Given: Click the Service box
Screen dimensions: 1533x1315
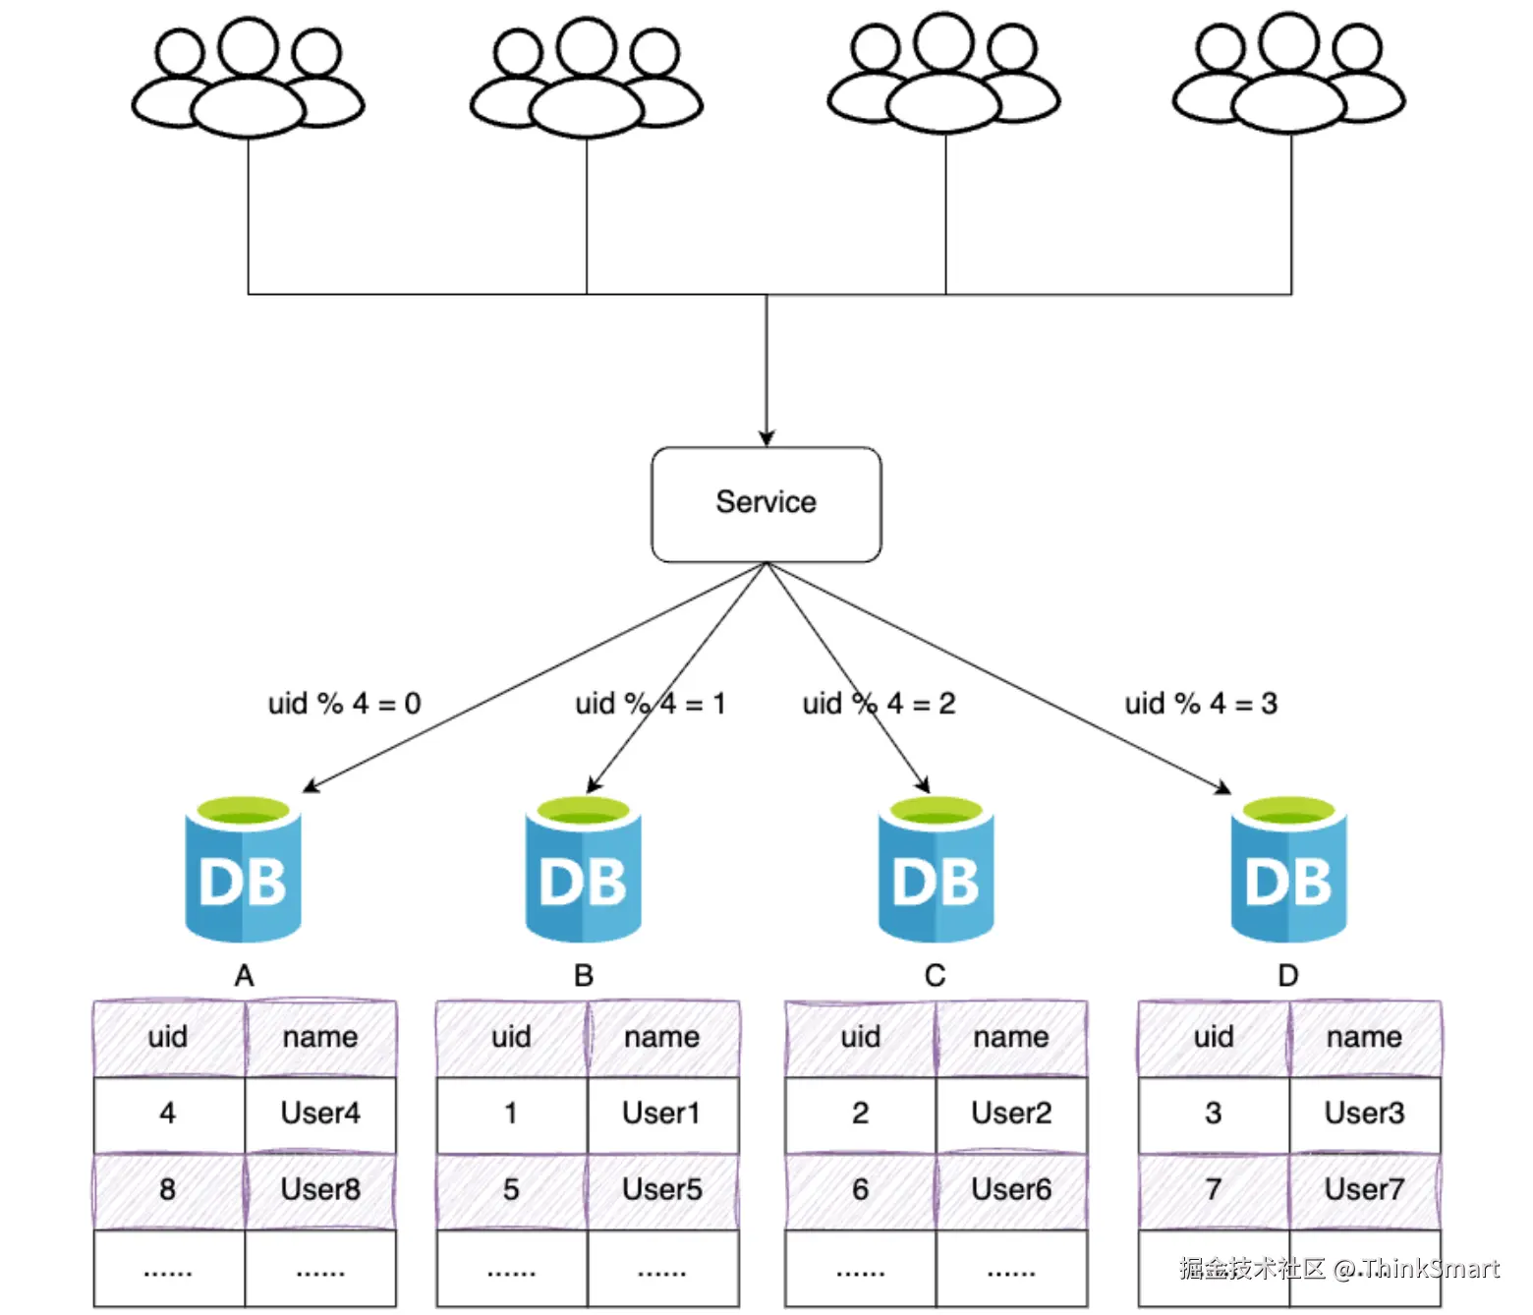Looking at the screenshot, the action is coord(766,504).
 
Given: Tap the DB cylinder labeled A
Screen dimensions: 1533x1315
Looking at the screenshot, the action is coord(244,869).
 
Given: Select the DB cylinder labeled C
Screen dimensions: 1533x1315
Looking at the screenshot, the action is coord(936,869).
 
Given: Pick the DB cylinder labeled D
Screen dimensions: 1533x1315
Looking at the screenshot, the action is coord(1289,869).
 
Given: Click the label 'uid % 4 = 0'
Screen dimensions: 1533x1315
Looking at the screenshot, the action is coord(345,703).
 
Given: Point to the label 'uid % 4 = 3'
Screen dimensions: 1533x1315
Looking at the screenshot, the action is coord(1202,703).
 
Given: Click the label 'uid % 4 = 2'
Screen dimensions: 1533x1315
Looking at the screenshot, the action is coord(879,703).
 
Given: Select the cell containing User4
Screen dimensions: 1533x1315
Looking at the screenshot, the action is coord(320,1114).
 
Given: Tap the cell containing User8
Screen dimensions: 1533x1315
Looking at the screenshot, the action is coord(320,1190).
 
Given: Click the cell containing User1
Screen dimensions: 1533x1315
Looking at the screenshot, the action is coord(662,1114).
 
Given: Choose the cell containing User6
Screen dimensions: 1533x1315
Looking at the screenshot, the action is coord(1011,1190).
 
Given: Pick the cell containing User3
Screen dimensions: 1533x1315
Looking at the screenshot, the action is coord(1365,1114).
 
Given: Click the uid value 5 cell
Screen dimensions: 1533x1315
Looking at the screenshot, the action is coord(512,1190).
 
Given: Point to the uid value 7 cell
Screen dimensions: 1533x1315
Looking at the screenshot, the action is coord(1214,1190).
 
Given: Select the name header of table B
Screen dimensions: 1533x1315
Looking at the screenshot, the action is coord(662,1038).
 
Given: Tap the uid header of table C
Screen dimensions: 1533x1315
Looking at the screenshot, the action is coord(860,1038).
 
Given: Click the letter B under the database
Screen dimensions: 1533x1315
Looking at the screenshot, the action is coord(584,975).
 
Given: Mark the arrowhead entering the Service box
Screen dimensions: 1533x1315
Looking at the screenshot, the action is coord(766,438).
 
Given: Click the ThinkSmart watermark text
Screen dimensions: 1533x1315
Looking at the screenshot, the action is coord(1339,1269).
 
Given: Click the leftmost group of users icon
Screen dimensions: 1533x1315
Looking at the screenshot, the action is coord(248,78).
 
